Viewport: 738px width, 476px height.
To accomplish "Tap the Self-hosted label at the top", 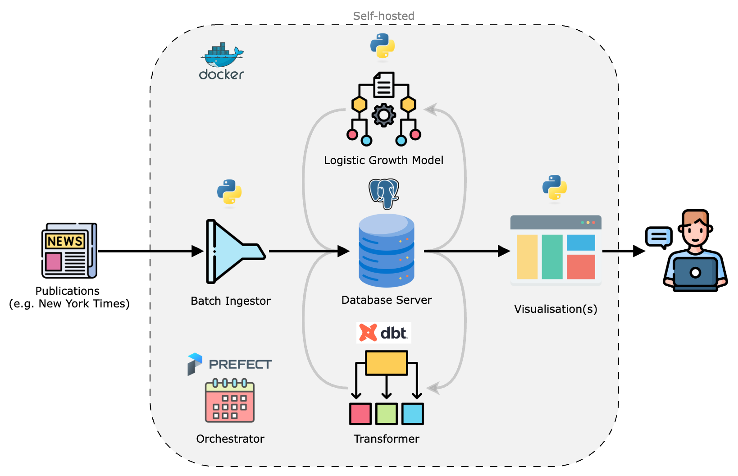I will (x=383, y=16).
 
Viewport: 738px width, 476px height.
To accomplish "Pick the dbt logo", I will (x=384, y=333).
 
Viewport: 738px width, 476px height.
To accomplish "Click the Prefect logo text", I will (x=240, y=364).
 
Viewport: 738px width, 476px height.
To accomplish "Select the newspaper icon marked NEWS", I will (x=69, y=251).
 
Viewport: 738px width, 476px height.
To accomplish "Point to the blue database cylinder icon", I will (x=387, y=251).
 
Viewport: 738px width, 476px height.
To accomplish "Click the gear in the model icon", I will (x=384, y=115).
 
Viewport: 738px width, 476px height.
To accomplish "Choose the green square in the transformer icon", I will (x=387, y=414).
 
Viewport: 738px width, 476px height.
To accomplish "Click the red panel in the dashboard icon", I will (x=581, y=267).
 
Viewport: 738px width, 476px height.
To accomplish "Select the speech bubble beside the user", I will (x=659, y=237).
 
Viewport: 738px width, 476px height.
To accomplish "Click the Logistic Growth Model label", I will (x=384, y=160).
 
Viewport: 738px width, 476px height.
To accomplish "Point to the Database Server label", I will (x=387, y=300).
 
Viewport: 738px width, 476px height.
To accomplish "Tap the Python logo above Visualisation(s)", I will (x=555, y=188).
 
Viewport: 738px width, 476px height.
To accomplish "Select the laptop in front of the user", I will (x=695, y=273).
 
